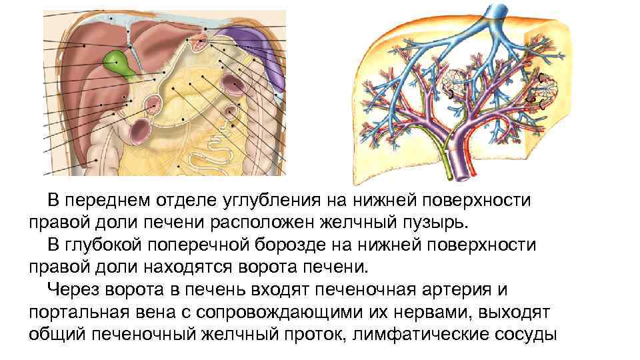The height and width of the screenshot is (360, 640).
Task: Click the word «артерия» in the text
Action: click(x=465, y=290)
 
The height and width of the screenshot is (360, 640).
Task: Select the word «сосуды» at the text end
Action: click(x=527, y=335)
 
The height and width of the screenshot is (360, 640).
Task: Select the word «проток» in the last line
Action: click(x=306, y=335)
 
